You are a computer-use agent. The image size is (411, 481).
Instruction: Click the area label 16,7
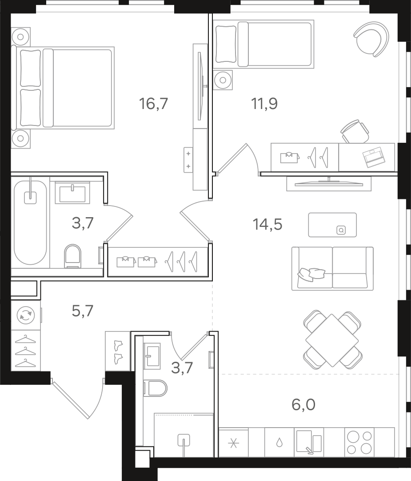[x=153, y=103]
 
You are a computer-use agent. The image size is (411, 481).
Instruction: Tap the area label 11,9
[x=264, y=103]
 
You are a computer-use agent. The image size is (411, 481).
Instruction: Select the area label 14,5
[x=267, y=224]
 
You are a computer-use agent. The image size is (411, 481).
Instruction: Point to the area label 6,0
[x=303, y=404]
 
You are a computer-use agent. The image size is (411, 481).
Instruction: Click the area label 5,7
[x=82, y=311]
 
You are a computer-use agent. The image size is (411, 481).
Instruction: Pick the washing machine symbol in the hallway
[x=26, y=315]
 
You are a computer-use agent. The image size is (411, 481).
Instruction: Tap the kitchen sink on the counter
[x=309, y=442]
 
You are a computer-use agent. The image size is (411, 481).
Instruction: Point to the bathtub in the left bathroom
[x=30, y=223]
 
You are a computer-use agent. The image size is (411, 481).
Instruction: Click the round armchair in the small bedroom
[x=371, y=39]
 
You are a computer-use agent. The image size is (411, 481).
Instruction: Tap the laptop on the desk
[x=373, y=158]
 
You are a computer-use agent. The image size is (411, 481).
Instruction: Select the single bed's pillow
[x=226, y=44]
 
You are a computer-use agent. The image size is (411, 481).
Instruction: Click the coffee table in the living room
[x=332, y=225]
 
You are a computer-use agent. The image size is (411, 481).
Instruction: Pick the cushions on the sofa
[x=311, y=274]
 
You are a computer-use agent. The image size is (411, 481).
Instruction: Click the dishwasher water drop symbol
[x=279, y=442]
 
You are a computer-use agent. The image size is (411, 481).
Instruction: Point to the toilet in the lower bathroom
[x=155, y=388]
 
